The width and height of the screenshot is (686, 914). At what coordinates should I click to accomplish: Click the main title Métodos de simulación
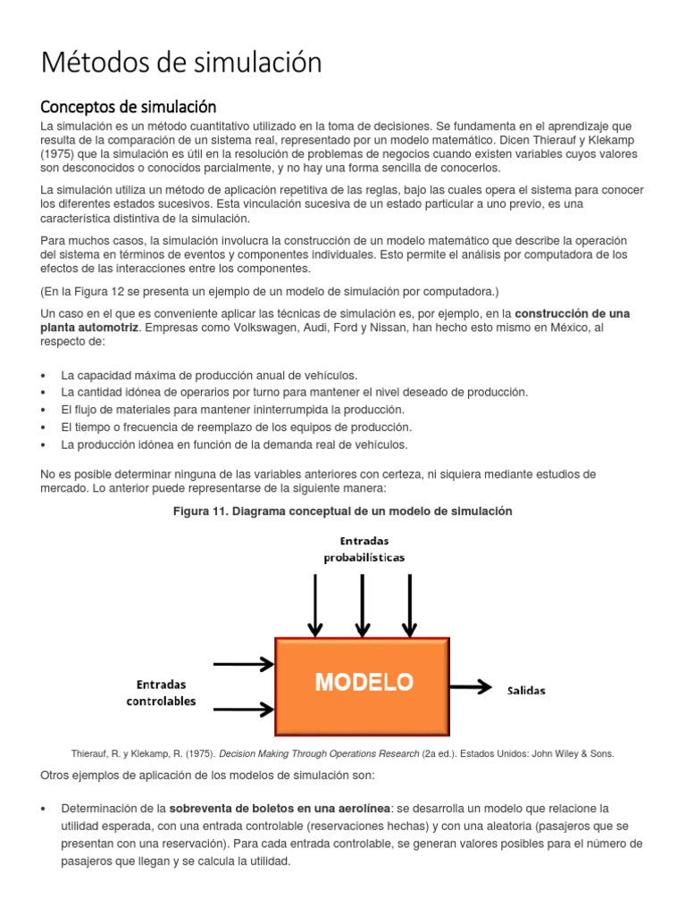[181, 63]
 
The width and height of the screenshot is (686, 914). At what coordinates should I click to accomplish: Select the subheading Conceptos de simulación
[130, 107]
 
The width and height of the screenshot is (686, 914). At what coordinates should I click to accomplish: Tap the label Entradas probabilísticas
[364, 549]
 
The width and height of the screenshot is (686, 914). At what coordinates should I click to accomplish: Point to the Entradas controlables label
[161, 693]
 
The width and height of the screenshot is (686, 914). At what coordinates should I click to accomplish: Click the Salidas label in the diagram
[526, 690]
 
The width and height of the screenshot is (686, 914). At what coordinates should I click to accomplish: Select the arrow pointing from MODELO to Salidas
[473, 686]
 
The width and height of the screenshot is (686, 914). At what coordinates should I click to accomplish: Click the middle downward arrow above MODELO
[363, 603]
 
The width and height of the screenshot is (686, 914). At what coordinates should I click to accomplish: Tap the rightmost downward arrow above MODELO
[410, 603]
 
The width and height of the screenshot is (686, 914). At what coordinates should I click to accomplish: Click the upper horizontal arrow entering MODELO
[242, 663]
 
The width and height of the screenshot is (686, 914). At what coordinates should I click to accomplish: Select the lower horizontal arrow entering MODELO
[242, 710]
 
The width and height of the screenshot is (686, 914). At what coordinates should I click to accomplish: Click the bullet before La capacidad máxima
[45, 376]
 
